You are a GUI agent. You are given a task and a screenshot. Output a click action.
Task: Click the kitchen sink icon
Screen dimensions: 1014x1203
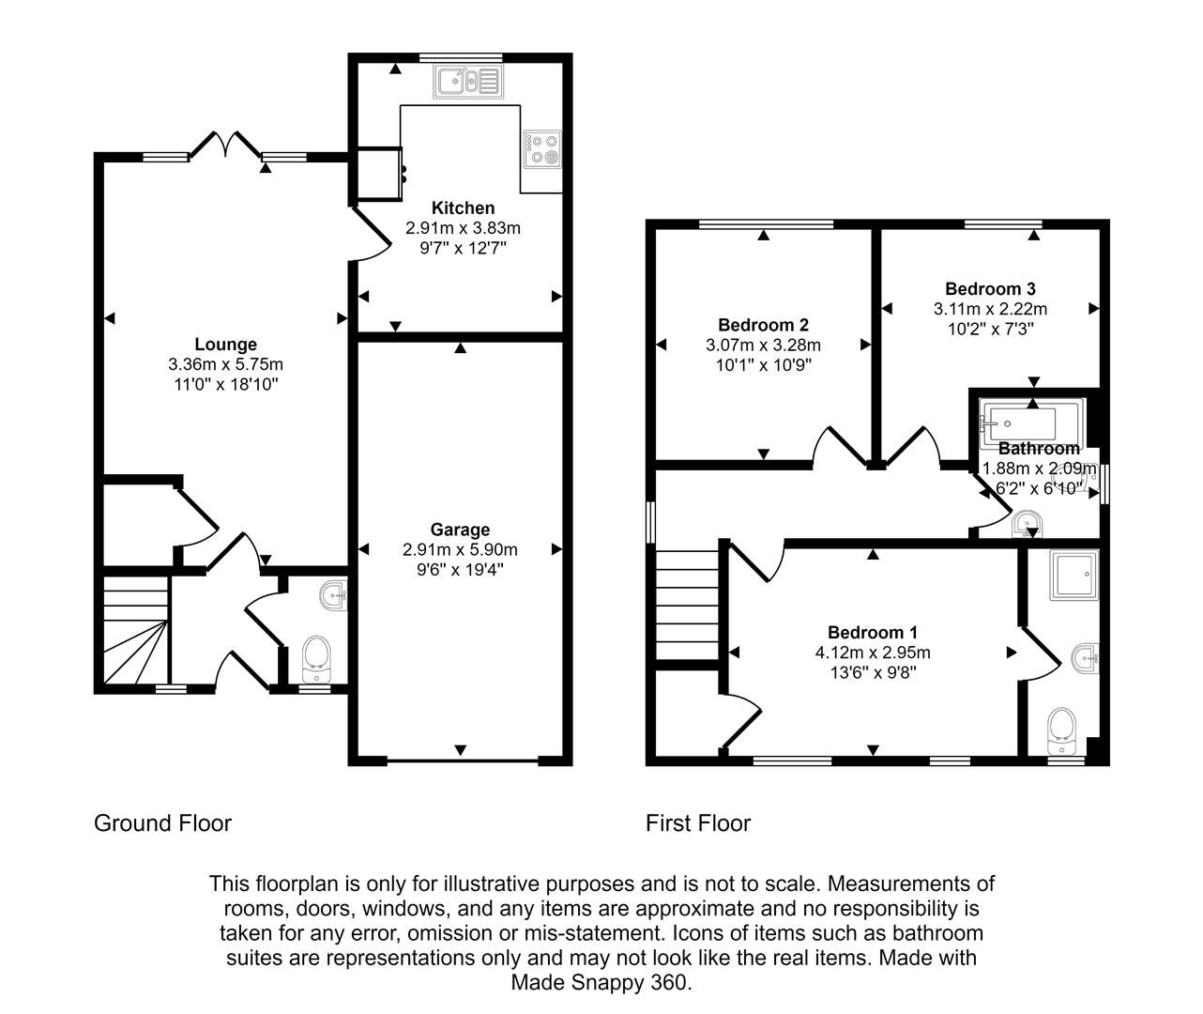(467, 81)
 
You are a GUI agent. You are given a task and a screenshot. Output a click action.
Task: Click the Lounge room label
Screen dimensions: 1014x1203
(225, 345)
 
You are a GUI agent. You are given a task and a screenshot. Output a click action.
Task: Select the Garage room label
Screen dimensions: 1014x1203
(460, 530)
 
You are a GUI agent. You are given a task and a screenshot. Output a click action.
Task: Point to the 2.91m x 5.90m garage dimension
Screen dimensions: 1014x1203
(460, 549)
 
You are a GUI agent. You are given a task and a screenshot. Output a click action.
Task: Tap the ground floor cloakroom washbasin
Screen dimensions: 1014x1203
(333, 594)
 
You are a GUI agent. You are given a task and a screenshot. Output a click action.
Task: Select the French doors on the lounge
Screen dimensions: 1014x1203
(226, 145)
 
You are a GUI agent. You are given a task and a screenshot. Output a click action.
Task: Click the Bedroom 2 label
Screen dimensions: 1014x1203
(763, 325)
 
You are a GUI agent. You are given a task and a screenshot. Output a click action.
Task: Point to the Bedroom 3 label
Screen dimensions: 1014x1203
(990, 289)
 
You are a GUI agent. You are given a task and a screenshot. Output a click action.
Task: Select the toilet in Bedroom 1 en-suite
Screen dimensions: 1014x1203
(1062, 729)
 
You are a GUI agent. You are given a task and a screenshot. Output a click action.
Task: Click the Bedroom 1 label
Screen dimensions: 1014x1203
(873, 633)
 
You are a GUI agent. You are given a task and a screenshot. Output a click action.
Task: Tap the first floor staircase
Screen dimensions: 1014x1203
(687, 606)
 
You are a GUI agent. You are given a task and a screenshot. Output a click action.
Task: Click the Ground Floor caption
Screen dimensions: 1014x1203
(162, 823)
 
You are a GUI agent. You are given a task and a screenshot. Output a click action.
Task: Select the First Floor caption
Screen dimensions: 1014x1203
(698, 823)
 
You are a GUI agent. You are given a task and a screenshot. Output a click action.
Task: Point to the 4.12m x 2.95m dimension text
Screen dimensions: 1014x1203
(873, 653)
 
